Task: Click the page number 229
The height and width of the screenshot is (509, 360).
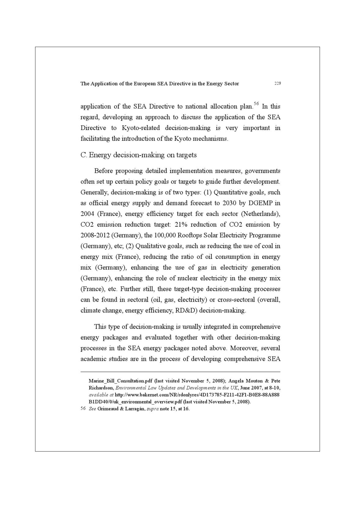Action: point(277,84)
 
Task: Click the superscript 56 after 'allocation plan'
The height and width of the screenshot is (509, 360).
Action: point(256,104)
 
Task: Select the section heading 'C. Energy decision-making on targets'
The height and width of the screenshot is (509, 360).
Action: point(139,155)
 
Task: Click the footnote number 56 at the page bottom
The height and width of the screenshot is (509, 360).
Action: point(83,409)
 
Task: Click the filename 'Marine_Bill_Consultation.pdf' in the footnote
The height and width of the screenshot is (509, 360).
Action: point(120,381)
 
